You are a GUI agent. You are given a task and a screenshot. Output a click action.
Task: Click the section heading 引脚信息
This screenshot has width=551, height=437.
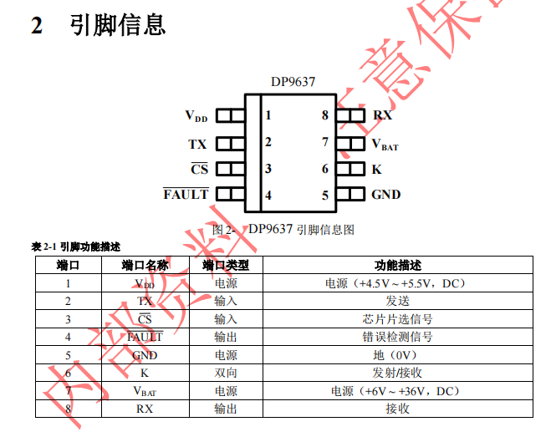pos(117,25)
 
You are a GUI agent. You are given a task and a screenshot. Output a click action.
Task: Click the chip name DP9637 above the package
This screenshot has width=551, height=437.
pos(293,83)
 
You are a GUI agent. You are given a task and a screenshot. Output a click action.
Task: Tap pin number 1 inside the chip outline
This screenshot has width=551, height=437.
pos(268,115)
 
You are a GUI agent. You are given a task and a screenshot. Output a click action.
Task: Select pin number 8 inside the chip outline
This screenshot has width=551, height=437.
pos(325,115)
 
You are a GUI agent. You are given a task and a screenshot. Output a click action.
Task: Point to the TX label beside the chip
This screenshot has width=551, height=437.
pos(197,143)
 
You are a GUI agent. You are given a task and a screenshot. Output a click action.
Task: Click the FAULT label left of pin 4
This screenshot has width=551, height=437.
pos(186,195)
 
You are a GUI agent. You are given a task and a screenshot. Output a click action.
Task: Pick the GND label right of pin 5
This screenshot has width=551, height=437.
pos(385,195)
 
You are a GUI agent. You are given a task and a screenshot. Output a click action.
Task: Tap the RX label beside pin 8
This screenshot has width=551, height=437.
pos(382,115)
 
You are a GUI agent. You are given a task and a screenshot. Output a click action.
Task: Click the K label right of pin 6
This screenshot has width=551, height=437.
pos(376,169)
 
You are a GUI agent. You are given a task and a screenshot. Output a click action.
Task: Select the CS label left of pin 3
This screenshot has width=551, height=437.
pos(199,169)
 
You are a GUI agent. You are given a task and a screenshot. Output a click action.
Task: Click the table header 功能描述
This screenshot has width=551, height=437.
pos(397,266)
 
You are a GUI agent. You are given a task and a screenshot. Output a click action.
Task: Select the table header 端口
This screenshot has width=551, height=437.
pos(68,266)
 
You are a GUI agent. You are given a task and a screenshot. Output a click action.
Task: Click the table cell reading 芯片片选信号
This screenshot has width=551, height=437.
pos(397,319)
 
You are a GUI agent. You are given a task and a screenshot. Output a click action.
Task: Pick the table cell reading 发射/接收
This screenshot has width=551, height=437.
pos(397,373)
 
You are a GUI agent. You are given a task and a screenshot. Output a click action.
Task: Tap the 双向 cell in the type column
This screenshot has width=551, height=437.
pos(226,373)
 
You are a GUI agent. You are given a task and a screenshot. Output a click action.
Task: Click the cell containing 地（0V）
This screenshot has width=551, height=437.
pos(397,355)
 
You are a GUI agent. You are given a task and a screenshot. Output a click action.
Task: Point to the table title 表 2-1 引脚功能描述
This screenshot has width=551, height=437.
pos(76,246)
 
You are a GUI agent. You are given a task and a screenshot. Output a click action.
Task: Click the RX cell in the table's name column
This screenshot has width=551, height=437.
pos(145,409)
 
